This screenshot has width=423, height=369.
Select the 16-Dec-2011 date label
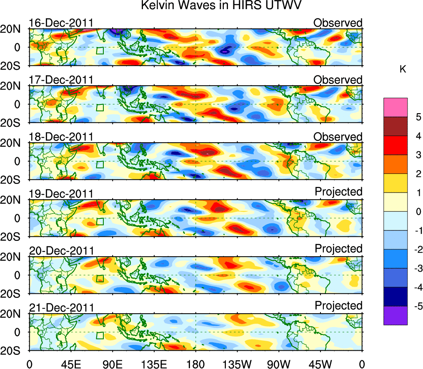click(61, 23)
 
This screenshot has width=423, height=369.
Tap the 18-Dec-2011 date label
click(61, 137)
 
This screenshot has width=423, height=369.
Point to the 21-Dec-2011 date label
click(61, 308)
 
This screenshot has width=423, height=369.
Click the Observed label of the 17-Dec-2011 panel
click(338, 79)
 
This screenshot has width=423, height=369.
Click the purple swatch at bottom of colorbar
click(395, 316)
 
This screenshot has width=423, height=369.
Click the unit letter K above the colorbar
click(403, 69)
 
